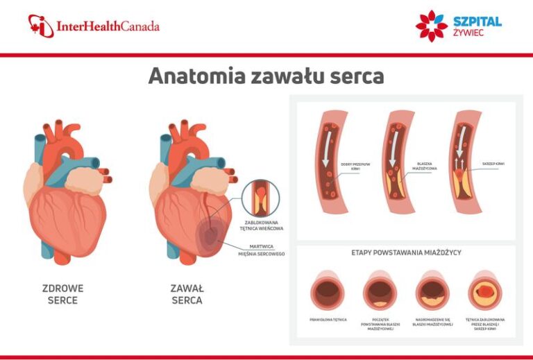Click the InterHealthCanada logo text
coord(108,27)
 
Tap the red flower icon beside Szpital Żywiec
coord(431,26)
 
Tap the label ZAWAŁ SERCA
coord(187,294)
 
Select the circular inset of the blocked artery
coord(260,198)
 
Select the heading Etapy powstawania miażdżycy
coord(407,252)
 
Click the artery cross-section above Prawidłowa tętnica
coord(328,290)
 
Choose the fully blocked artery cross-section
coord(485,290)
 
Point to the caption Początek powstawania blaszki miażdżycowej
coord(380,324)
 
